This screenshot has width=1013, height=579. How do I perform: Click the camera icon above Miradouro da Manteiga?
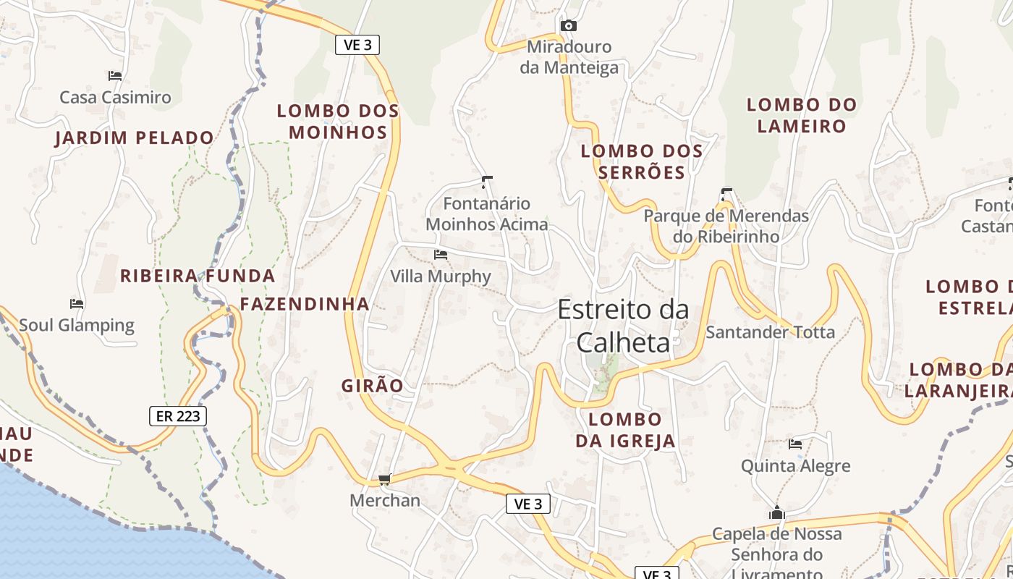click(x=569, y=26)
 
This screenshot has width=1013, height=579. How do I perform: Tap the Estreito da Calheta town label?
click(x=623, y=326)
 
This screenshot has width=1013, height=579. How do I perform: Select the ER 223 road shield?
click(x=178, y=416)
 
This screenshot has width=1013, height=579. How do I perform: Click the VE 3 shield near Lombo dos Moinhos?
click(x=357, y=45)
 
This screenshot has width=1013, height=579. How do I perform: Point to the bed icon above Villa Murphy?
click(x=440, y=255)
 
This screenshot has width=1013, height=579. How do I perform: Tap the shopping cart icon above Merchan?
click(x=385, y=479)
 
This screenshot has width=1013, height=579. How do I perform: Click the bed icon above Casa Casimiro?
click(x=114, y=75)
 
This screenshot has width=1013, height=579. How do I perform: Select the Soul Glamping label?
click(x=77, y=325)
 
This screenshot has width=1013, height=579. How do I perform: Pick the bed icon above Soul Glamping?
click(x=77, y=303)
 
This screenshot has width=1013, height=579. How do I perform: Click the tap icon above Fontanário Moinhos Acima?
click(x=487, y=181)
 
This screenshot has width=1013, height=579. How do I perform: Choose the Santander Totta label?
click(x=770, y=332)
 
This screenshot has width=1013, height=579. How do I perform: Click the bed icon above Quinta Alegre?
click(x=795, y=444)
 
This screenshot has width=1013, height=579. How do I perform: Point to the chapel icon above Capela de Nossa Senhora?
click(x=776, y=512)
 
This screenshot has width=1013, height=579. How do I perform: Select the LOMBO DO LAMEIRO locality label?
click(x=801, y=115)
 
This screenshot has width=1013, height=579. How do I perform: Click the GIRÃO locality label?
click(x=372, y=386)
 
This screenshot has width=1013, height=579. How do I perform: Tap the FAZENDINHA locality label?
click(x=305, y=304)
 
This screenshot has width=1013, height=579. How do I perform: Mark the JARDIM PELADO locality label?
click(x=135, y=138)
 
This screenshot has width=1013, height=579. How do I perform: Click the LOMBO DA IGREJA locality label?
click(x=625, y=430)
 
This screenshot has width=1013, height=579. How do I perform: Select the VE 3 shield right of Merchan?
click(x=527, y=504)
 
